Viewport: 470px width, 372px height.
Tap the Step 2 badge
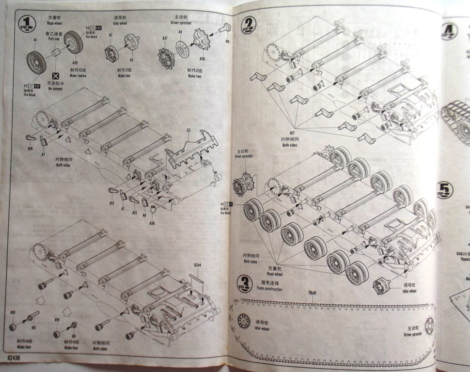pos(249,23)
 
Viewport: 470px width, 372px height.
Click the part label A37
pos(165,38)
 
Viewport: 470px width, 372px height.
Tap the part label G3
pos(188,131)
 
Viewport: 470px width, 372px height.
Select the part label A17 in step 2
pos(292,133)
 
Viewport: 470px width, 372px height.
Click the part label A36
pos(152,223)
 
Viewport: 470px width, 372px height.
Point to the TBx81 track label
pos(313,293)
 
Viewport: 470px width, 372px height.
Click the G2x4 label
pos(197,265)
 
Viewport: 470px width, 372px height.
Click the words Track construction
pos(269,289)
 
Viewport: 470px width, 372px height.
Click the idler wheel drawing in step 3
pos(244,321)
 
